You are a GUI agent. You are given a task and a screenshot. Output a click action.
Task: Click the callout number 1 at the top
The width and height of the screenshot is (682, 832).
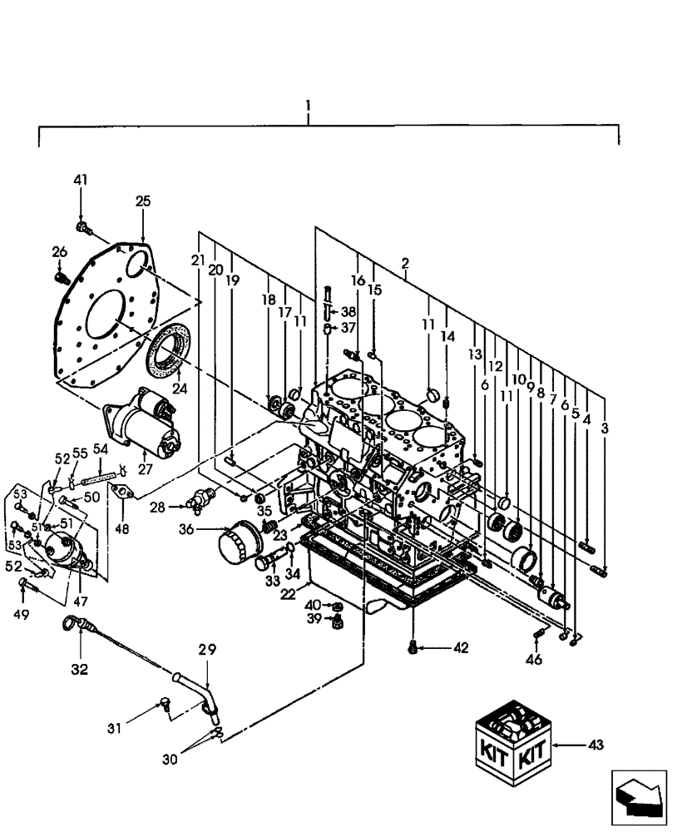[x=308, y=106]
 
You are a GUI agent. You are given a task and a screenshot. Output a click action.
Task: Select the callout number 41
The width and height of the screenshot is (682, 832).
[x=81, y=180]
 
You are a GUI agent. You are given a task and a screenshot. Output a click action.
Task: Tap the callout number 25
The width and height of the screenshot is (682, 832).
[x=143, y=201]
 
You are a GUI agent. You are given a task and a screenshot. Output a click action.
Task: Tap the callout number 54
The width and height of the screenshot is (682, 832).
[x=100, y=449]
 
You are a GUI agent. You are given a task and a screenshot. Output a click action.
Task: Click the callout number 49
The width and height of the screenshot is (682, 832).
[x=22, y=615]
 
